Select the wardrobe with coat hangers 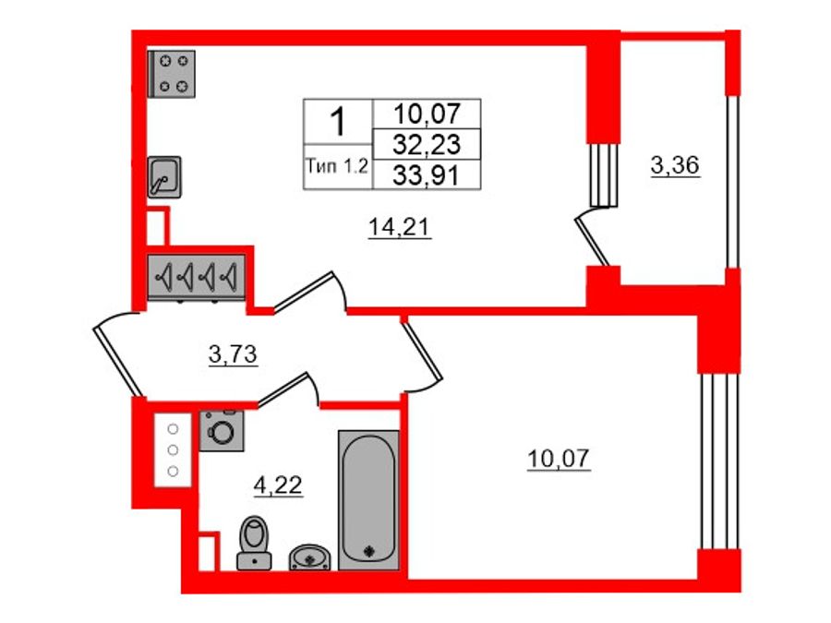pyautogui.click(x=197, y=276)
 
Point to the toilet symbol pyautogui.click(x=252, y=544)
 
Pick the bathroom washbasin pyautogui.click(x=310, y=557)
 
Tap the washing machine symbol pyautogui.click(x=221, y=431)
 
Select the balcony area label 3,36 pyautogui.click(x=675, y=166)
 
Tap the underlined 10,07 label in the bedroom pyautogui.click(x=559, y=457)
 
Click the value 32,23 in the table pyautogui.click(x=426, y=144)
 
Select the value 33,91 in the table pyautogui.click(x=426, y=174)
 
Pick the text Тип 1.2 pyautogui.click(x=337, y=167)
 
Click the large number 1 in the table pyautogui.click(x=338, y=120)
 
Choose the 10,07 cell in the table pyautogui.click(x=426, y=114)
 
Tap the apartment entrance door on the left pyautogui.click(x=117, y=355)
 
